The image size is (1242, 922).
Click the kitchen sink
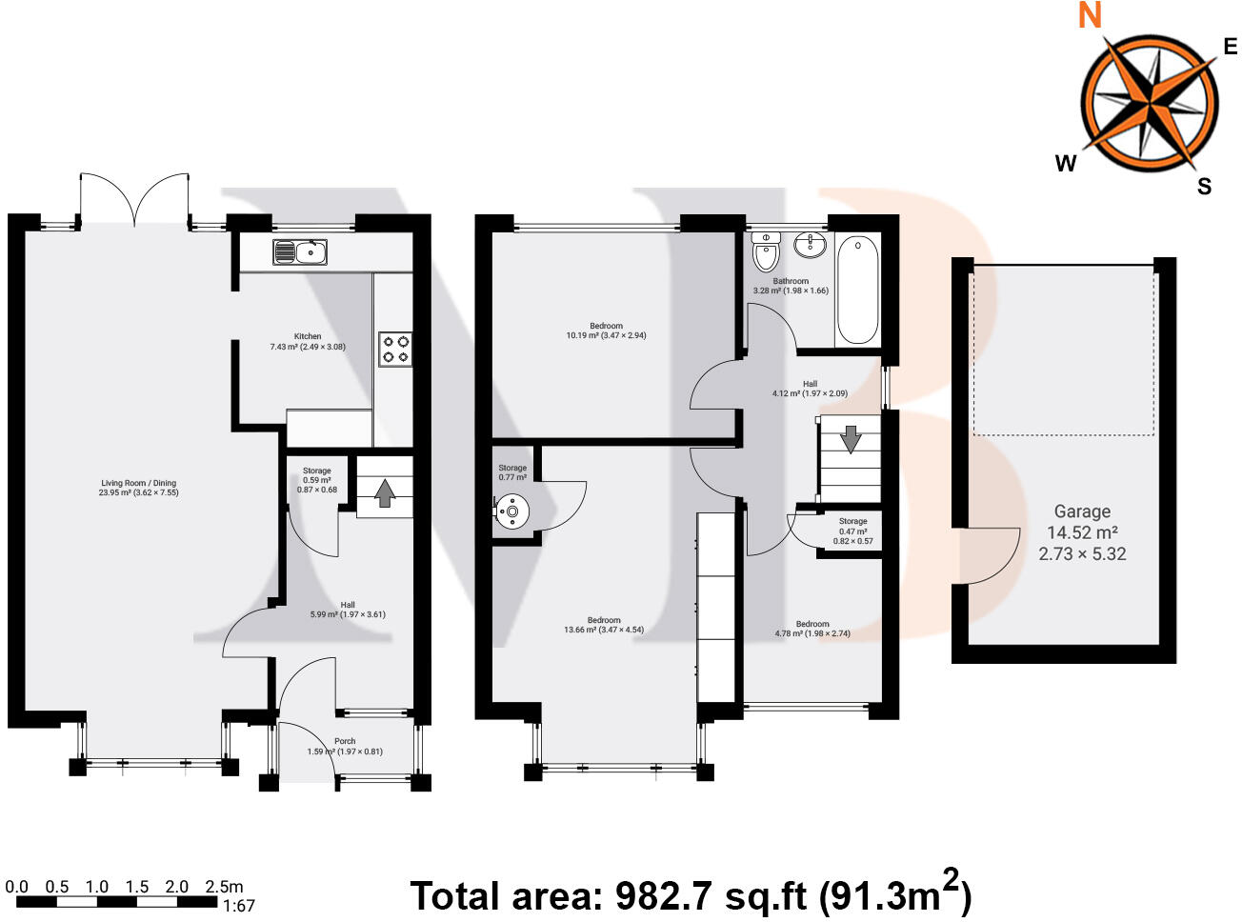(x=300, y=251)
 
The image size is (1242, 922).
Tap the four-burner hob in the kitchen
(x=395, y=349)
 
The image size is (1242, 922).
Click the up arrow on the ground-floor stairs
(x=384, y=492)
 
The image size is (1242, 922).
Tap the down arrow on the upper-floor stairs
(x=850, y=439)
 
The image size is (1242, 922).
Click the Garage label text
(x=1082, y=511)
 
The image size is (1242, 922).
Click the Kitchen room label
(x=308, y=336)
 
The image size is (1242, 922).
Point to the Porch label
(x=345, y=741)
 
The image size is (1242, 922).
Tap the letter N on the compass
(x=1089, y=16)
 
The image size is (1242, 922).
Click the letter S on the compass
(x=1205, y=187)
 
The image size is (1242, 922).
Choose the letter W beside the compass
(x=1065, y=164)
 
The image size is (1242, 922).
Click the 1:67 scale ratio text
(x=238, y=906)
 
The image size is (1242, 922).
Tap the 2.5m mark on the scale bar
(x=224, y=887)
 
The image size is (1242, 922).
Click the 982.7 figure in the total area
(x=658, y=896)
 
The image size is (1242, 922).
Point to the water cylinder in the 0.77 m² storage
(x=512, y=512)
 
